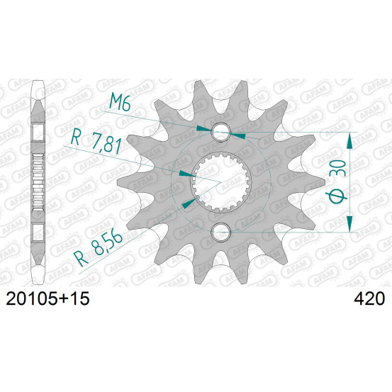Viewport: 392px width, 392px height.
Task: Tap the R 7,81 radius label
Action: coord(96,142)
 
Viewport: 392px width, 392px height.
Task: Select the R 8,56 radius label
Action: coord(99,248)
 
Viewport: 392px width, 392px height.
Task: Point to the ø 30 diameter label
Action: coord(338,181)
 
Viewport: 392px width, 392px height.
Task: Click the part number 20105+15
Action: coord(47,298)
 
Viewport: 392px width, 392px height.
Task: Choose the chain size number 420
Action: coord(369,298)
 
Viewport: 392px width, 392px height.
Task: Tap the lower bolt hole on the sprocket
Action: coord(220,233)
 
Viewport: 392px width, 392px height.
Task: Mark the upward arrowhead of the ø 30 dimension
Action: coord(350,141)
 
